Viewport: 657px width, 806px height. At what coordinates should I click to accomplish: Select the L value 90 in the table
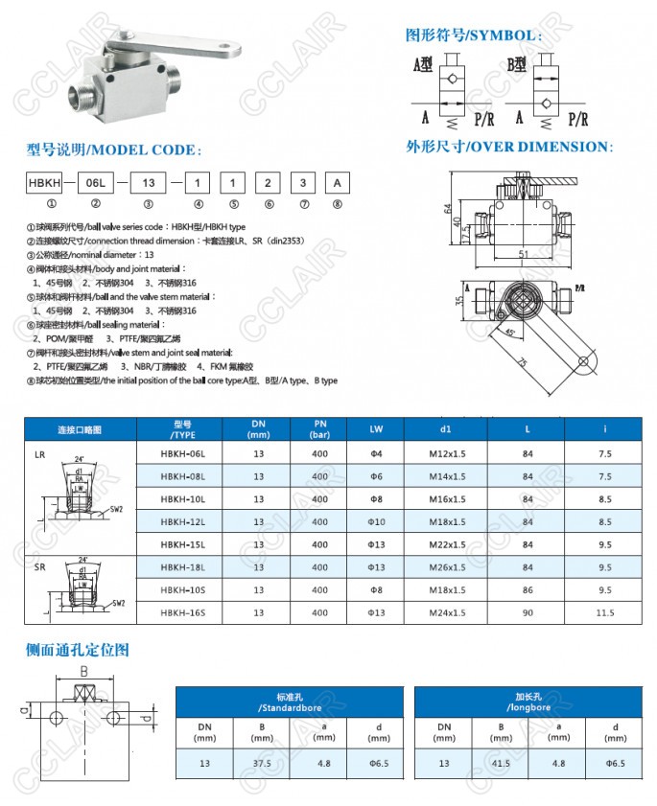[x=528, y=613]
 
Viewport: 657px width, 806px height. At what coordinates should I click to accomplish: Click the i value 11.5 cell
[x=603, y=613]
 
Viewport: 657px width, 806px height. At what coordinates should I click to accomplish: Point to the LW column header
[x=377, y=428]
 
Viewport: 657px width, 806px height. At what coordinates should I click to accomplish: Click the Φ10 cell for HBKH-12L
[x=377, y=521]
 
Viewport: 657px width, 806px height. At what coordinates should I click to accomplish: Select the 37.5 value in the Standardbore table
[x=262, y=764]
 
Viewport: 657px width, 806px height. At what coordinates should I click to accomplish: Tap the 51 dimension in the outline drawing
[x=523, y=253]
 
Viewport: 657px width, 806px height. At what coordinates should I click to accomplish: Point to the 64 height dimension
[x=448, y=209]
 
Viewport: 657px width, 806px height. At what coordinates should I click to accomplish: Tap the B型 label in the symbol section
[x=518, y=65]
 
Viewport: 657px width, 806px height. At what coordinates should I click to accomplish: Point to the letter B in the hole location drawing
[x=83, y=672]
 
